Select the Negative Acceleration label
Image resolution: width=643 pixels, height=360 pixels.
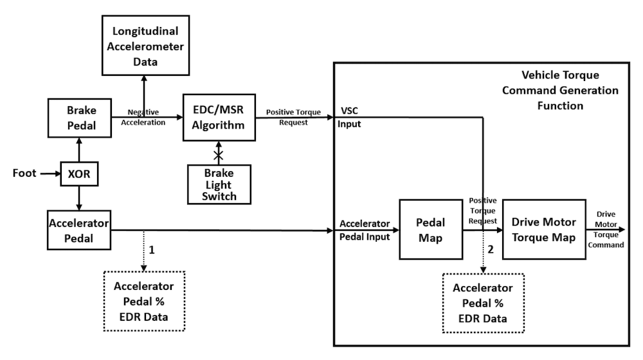(143, 116)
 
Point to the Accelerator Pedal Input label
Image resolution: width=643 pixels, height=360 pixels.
(364, 229)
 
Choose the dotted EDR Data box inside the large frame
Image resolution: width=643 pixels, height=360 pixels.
(484, 302)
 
